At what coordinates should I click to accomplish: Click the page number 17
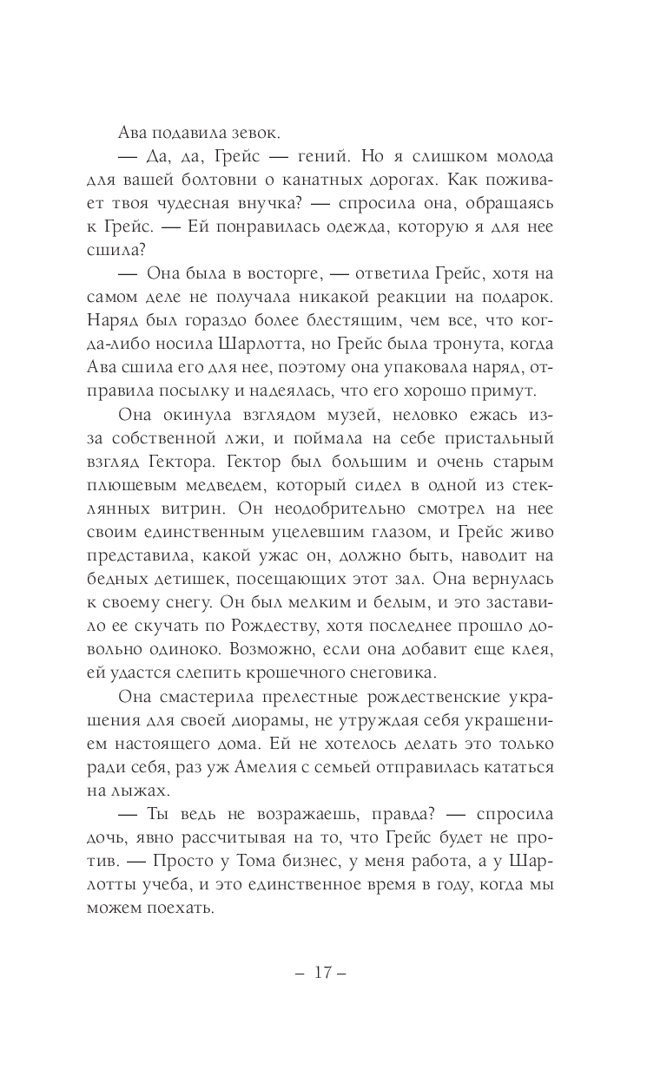coord(322,974)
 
